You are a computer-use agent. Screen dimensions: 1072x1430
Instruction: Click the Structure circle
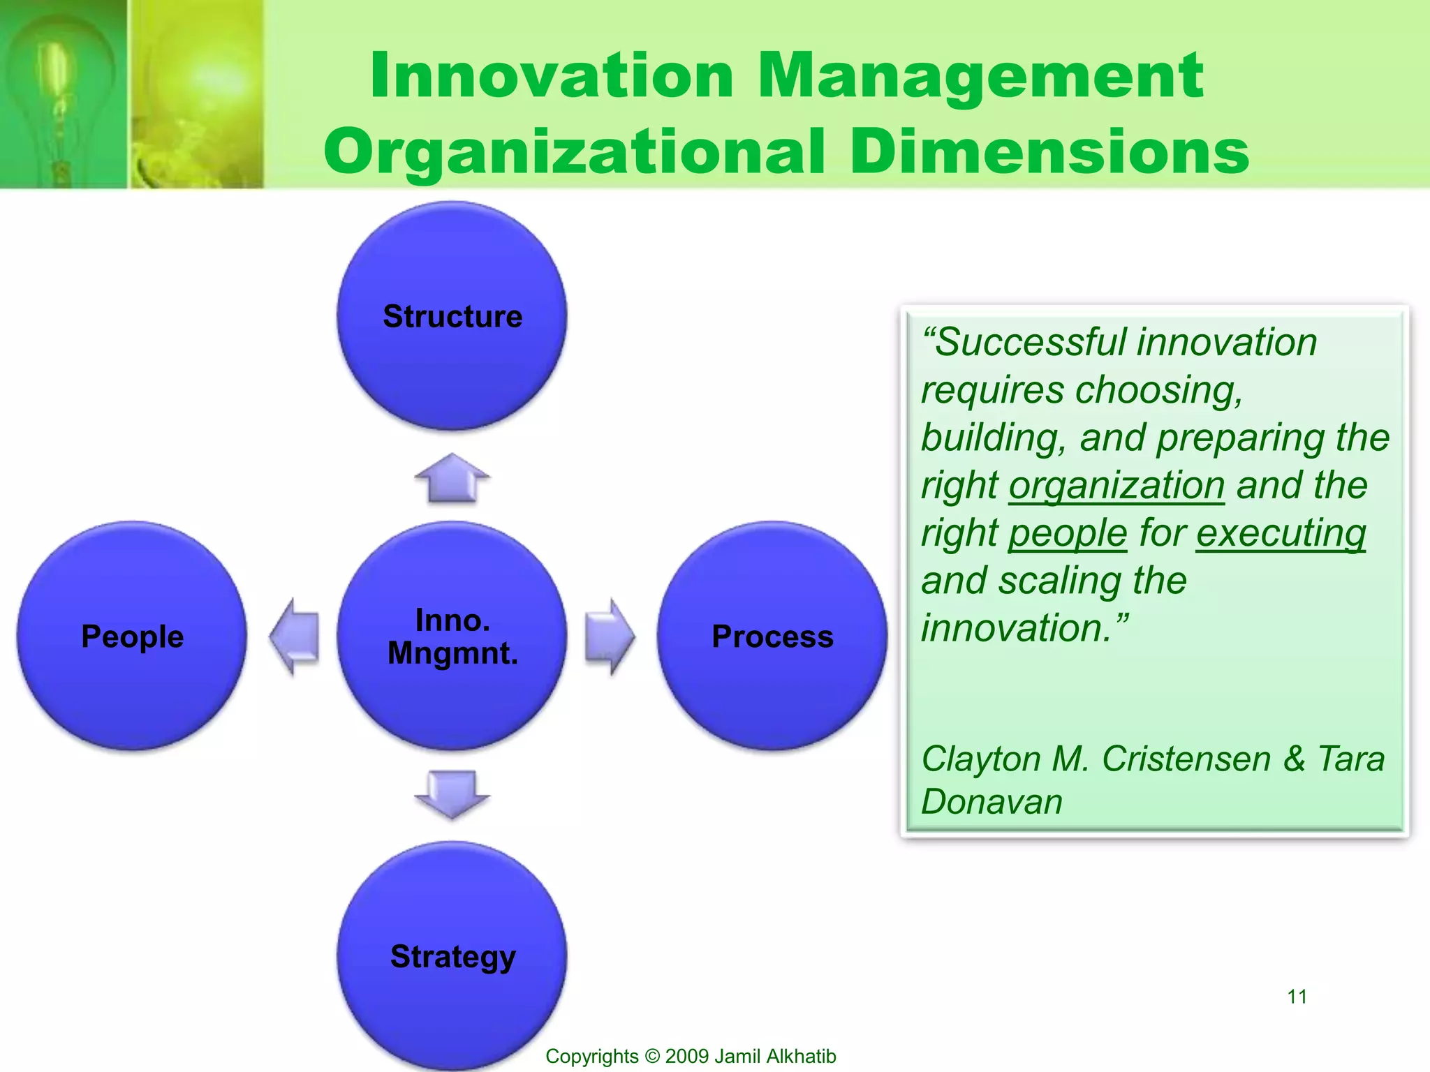coord(452,315)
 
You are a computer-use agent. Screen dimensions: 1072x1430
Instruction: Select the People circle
coord(132,636)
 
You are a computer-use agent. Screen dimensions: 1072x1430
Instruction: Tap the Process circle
coord(772,636)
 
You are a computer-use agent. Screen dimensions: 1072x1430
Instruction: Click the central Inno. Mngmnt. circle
coord(452,636)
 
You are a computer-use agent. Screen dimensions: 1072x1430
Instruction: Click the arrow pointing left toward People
coord(295,636)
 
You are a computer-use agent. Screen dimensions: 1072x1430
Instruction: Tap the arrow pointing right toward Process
coord(610,636)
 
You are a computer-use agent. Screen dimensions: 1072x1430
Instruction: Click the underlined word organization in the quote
coord(1116,485)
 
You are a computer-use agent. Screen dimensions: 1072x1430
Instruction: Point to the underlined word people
coord(1067,533)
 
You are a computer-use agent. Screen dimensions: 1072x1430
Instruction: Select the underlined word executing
coord(1281,533)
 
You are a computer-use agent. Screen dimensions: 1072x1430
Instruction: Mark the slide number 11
coord(1297,996)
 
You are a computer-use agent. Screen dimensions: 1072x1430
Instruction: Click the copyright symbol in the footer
coord(652,1056)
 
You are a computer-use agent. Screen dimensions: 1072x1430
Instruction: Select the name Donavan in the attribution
coord(992,801)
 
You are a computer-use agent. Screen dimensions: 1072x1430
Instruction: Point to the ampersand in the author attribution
coord(1294,759)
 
